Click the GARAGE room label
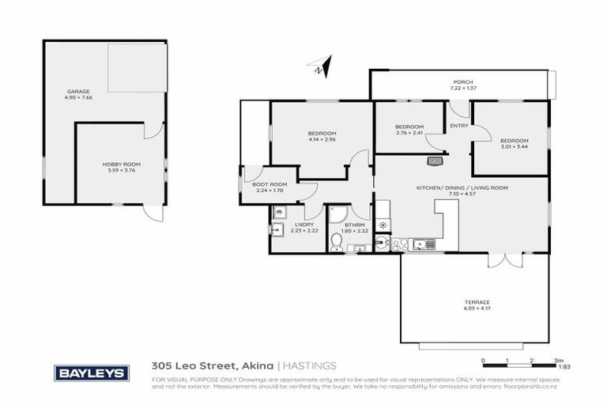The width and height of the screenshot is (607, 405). click(78, 91)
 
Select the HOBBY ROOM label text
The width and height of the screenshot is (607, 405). click(116, 164)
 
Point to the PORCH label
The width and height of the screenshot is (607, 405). click(462, 82)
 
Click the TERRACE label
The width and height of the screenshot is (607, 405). click(477, 302)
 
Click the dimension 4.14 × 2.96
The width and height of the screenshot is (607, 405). click(322, 139)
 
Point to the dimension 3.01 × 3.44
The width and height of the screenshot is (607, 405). click(513, 146)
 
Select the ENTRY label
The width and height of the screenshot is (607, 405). click(458, 126)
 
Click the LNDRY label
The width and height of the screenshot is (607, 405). click(304, 225)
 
